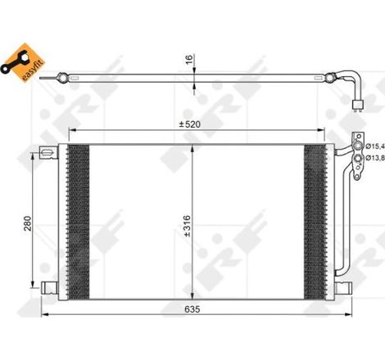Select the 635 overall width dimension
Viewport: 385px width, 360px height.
pyautogui.click(x=193, y=310)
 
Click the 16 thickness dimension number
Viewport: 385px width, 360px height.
pyautogui.click(x=188, y=61)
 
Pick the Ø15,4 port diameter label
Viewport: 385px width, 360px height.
pyautogui.click(x=374, y=146)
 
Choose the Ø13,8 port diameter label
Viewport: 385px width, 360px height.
pyautogui.click(x=374, y=157)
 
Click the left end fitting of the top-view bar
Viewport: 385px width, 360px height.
pyautogui.click(x=61, y=78)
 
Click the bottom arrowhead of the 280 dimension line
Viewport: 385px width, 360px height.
pyautogui.click(x=34, y=278)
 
